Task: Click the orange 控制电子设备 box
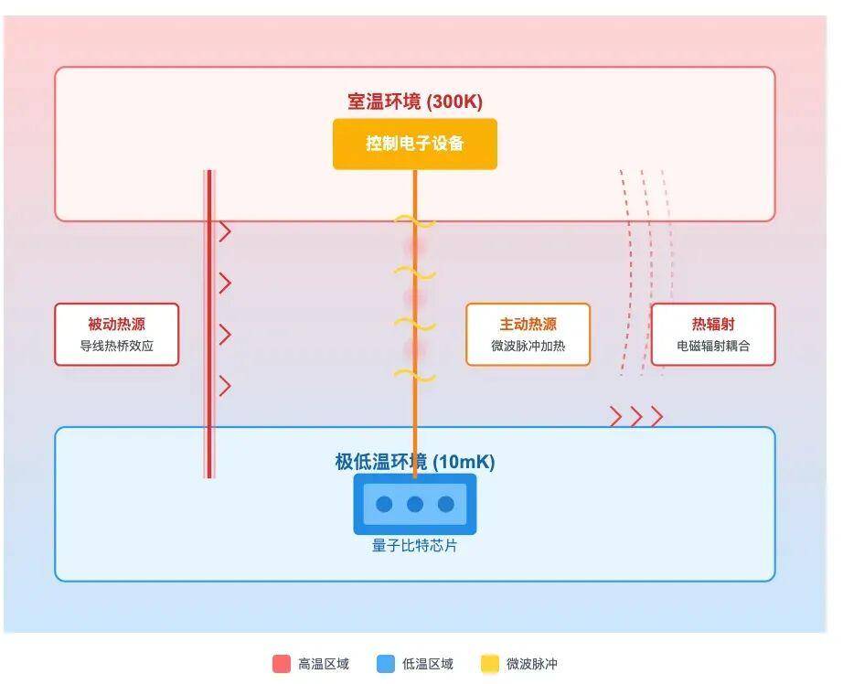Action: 414,144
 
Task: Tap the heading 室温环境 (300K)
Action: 414,102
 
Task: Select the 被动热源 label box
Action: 116,335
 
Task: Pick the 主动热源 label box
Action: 528,335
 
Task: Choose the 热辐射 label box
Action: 712,335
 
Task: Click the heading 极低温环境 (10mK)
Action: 414,462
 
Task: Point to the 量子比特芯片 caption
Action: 414,546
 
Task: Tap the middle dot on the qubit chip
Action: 415,504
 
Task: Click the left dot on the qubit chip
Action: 384,504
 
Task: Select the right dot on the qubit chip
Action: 446,504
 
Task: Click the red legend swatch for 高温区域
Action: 282,664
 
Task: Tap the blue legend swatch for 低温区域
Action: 386,664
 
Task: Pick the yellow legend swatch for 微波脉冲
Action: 490,664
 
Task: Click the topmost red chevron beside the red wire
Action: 225,232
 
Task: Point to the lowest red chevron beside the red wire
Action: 225,386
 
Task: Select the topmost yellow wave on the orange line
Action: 414,221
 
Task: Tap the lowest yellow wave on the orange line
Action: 414,376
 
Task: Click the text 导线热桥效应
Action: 116,347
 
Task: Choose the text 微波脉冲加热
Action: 528,347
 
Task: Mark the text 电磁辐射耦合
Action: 712,347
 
